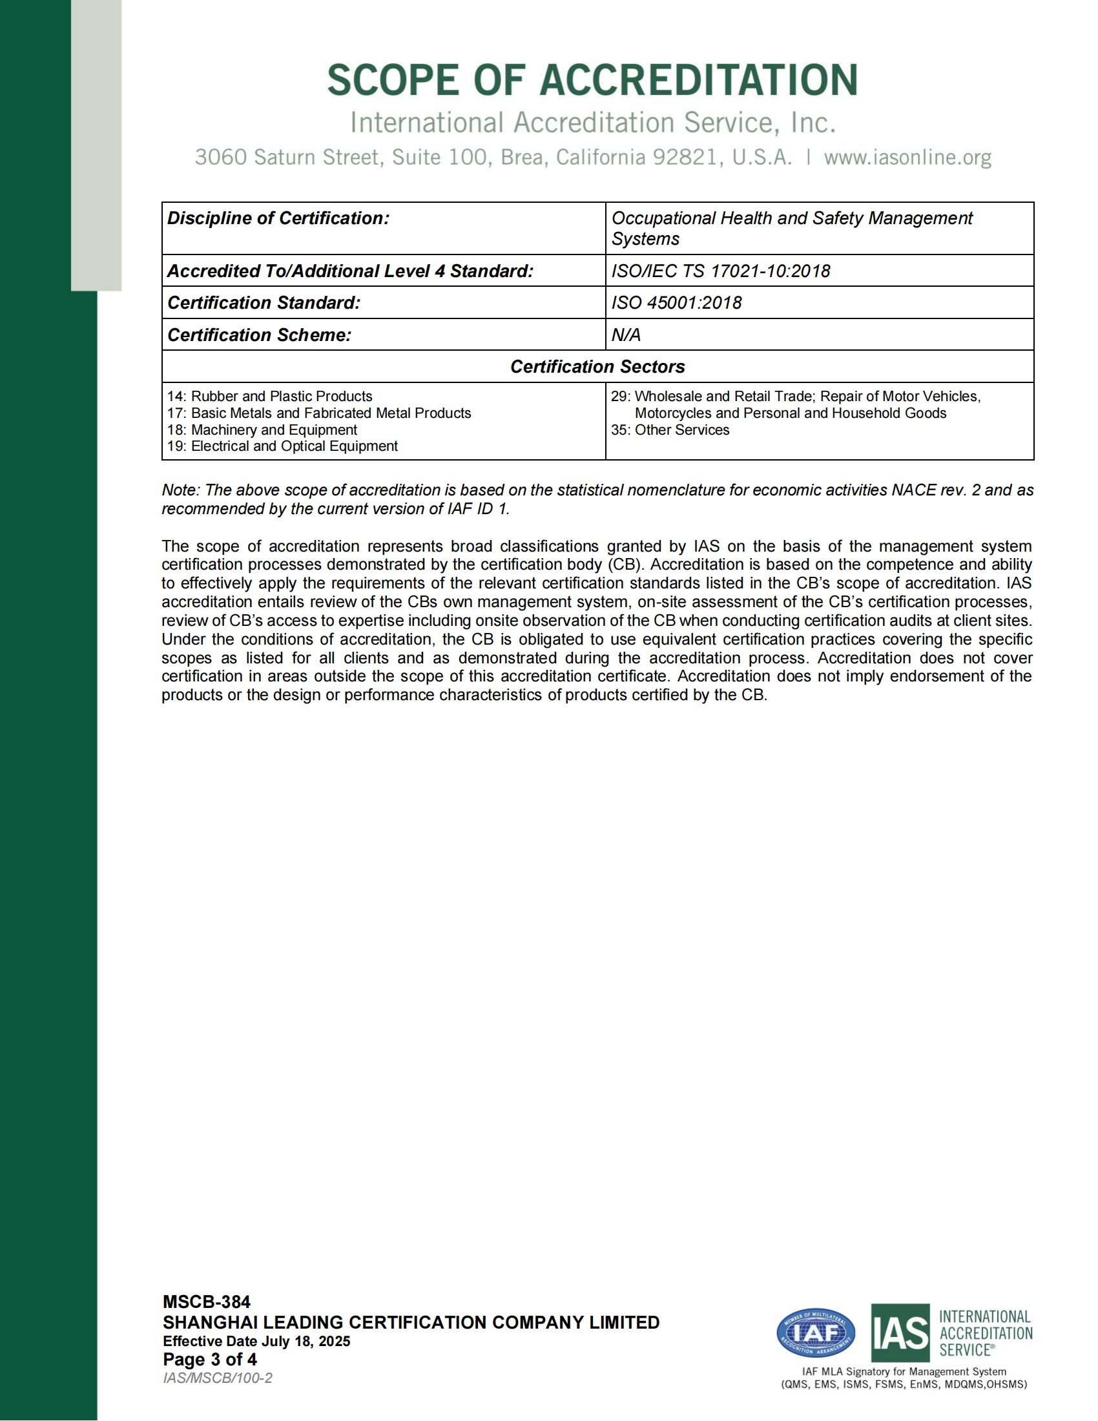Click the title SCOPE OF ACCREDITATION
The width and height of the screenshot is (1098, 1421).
(x=592, y=80)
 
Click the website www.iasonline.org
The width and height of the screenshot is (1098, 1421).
(x=907, y=158)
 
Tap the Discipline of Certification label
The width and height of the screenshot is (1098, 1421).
(x=278, y=218)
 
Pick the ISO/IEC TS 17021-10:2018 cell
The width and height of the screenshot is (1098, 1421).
(x=721, y=271)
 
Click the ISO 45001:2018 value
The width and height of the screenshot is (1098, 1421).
(x=676, y=302)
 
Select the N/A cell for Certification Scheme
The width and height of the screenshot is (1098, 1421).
(x=626, y=335)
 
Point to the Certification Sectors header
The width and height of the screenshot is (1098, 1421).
(x=597, y=366)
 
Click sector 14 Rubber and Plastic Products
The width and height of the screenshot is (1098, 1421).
(x=269, y=396)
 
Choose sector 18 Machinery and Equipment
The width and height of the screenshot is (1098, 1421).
(x=262, y=430)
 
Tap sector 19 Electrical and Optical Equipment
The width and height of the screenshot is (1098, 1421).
(x=282, y=446)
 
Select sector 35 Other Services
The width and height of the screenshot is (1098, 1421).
(x=670, y=430)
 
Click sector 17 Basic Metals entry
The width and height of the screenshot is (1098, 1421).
(x=318, y=413)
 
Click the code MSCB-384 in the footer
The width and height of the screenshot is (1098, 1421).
(x=206, y=1302)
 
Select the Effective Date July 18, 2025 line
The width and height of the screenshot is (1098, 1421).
(x=256, y=1341)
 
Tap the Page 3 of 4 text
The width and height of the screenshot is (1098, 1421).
(x=209, y=1360)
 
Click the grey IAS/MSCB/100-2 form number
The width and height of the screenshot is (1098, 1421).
(x=217, y=1378)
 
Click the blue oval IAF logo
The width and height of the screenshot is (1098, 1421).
(x=816, y=1333)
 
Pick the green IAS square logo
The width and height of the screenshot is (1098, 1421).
(x=900, y=1333)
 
